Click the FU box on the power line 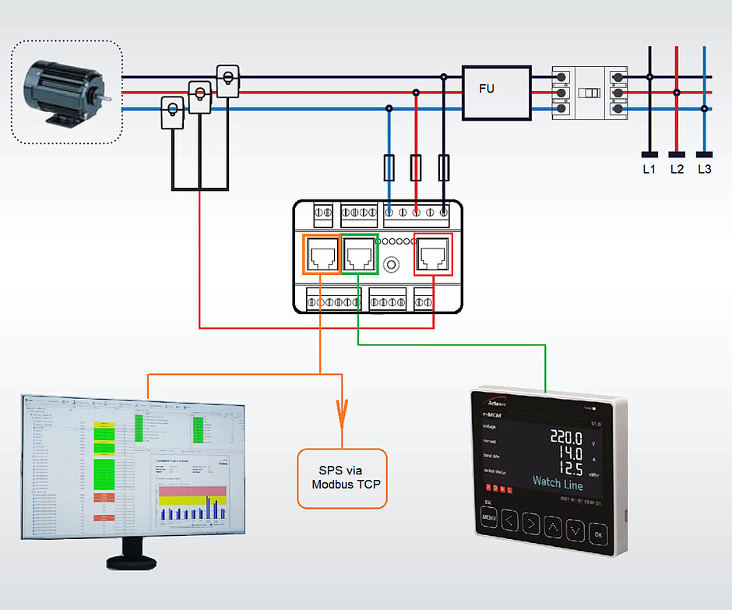coord(496,92)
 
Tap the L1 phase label coord(649,169)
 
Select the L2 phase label coord(677,169)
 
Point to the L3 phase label coord(705,169)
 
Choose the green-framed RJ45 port coord(360,254)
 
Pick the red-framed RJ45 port coord(433,254)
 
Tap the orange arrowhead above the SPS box coord(341,414)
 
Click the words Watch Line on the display coord(557,482)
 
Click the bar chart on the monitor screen coord(191,504)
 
